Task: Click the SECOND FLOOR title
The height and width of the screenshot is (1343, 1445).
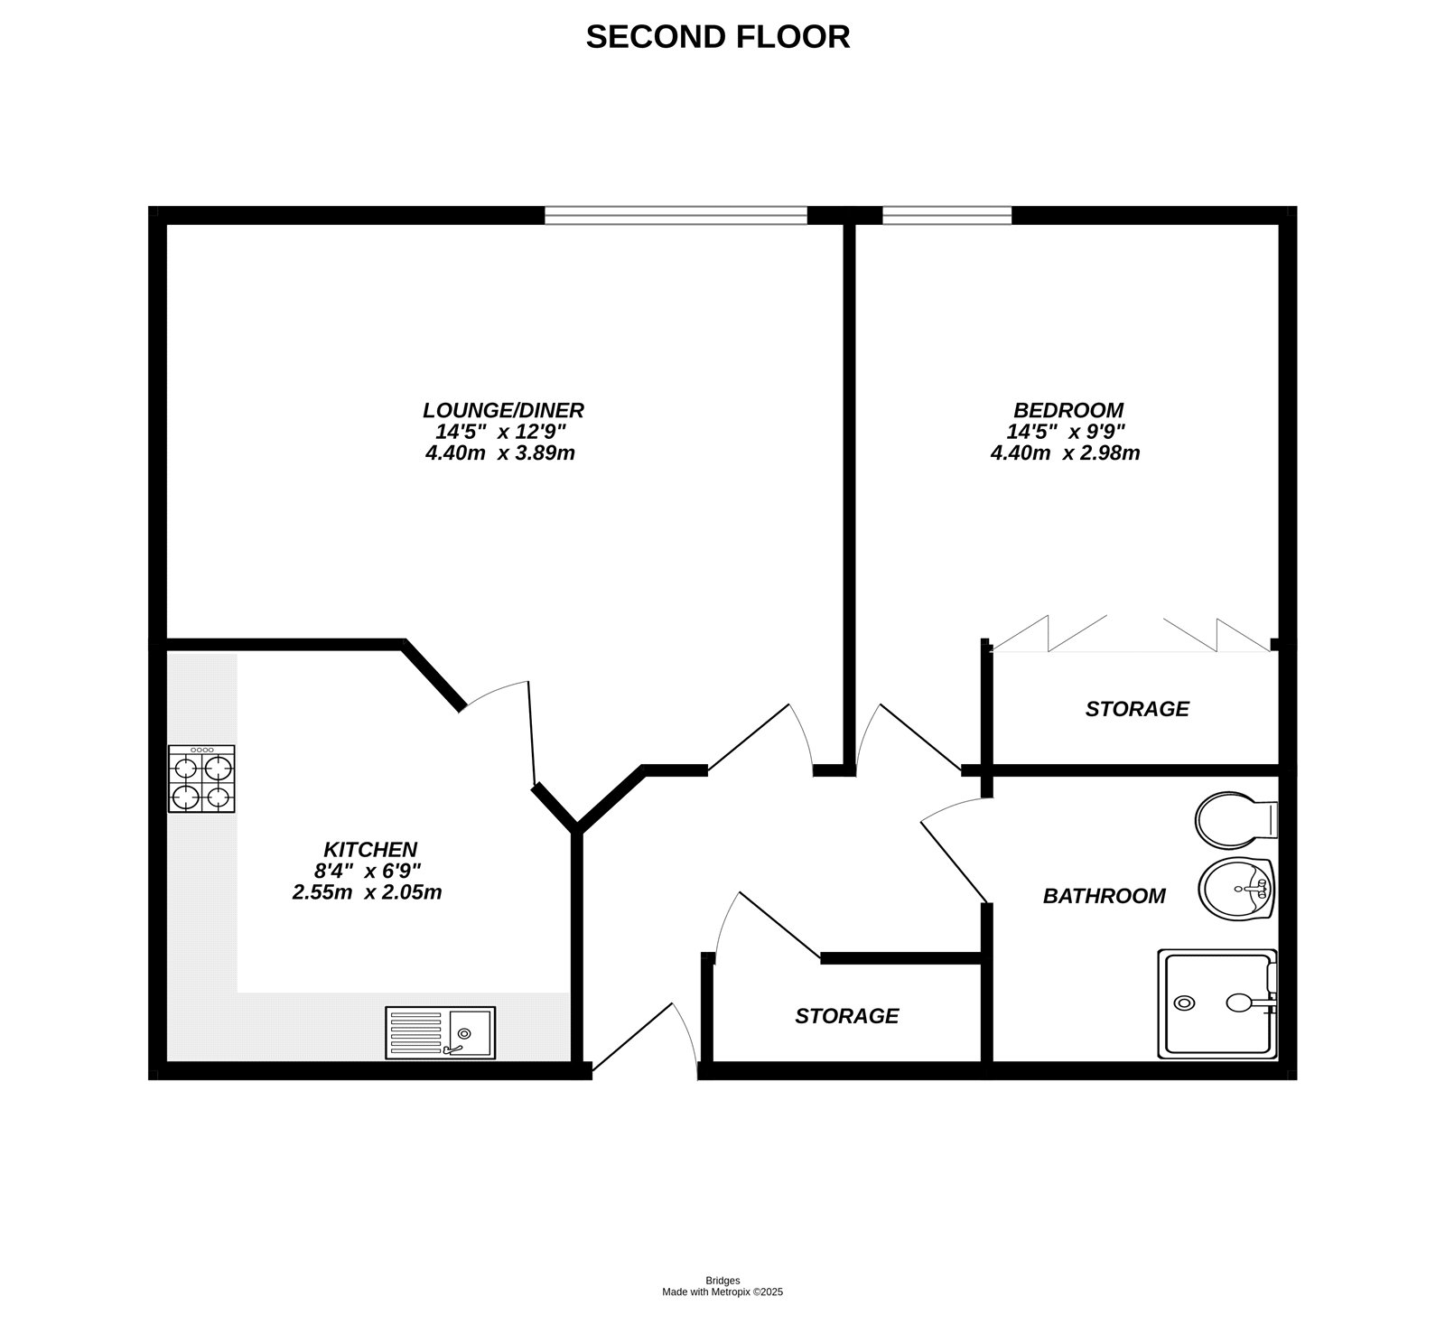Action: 718,37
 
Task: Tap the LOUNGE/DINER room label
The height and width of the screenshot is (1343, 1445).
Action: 503,410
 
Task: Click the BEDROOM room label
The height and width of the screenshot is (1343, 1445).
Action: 1067,410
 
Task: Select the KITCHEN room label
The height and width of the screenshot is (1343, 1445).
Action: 370,850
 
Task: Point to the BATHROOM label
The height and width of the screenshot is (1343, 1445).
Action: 1104,896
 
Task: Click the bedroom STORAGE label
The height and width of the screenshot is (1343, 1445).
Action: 1137,709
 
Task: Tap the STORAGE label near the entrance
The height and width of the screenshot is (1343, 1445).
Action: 846,1016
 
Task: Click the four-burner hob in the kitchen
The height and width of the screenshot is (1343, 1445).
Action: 201,779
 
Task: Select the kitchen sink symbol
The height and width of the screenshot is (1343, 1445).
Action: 440,1033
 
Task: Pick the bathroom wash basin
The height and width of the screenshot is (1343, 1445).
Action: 1237,889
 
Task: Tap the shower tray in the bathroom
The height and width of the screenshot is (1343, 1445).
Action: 1217,1003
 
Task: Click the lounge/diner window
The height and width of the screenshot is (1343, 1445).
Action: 676,215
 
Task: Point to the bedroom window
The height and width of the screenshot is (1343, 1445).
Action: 946,215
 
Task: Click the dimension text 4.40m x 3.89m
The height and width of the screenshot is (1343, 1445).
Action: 499,453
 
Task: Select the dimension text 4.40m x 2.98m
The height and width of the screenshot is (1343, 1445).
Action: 1065,453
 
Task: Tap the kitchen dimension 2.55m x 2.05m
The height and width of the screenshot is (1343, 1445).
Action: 367,893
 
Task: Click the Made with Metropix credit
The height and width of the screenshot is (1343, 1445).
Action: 722,1292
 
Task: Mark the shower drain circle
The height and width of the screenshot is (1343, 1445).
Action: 1184,1003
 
